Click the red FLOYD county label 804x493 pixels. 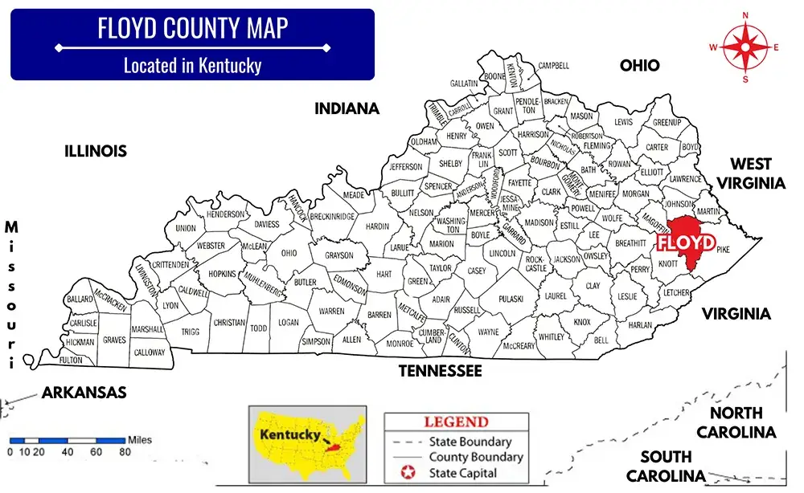(686, 242)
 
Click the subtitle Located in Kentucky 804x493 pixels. (192, 65)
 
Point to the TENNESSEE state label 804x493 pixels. (441, 371)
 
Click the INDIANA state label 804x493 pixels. (347, 108)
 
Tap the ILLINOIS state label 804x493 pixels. (96, 151)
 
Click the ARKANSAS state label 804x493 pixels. (84, 393)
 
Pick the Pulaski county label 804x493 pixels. (511, 299)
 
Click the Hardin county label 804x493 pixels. (377, 227)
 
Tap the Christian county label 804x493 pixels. (228, 322)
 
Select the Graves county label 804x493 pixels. (114, 340)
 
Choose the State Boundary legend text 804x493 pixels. (470, 442)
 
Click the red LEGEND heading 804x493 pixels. (456, 422)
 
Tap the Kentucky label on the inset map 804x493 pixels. (285, 434)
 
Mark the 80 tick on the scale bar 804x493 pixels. (125, 451)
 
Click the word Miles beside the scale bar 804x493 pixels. (138, 440)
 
